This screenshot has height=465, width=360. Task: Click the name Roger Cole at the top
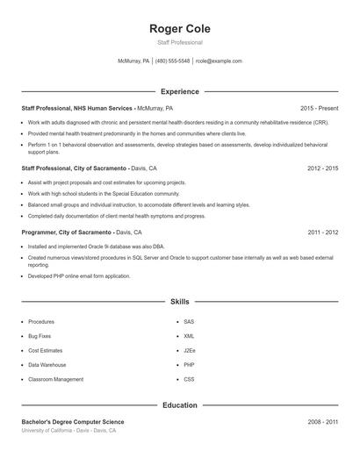(x=180, y=28)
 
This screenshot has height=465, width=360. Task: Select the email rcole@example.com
(x=219, y=61)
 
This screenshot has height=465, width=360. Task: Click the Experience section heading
(x=180, y=91)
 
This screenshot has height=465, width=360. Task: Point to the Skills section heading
(x=180, y=302)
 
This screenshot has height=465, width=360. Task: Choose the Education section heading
(x=180, y=405)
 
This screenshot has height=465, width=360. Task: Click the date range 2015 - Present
(x=319, y=108)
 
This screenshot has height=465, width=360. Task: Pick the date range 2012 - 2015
(x=322, y=168)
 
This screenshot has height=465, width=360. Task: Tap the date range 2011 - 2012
(x=322, y=232)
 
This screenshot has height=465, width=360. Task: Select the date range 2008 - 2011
(x=322, y=422)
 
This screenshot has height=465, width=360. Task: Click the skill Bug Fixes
(x=40, y=336)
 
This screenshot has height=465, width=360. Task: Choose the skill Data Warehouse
(x=47, y=365)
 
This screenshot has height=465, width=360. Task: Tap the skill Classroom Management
(x=55, y=379)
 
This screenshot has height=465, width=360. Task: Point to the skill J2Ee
(x=190, y=350)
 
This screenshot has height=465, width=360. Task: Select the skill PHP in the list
(x=189, y=365)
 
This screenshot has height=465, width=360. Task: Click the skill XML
(x=189, y=336)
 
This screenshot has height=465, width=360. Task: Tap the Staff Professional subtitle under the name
(x=180, y=42)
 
